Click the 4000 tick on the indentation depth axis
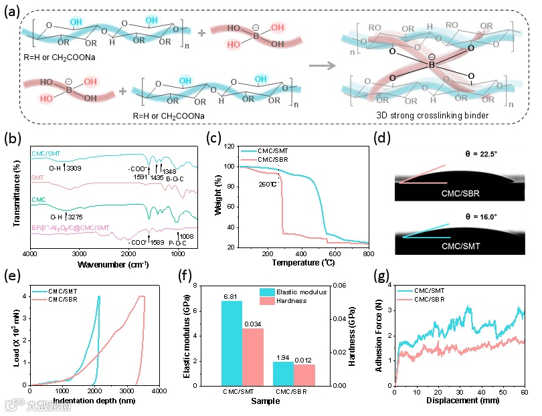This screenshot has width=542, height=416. pos(159,390)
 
